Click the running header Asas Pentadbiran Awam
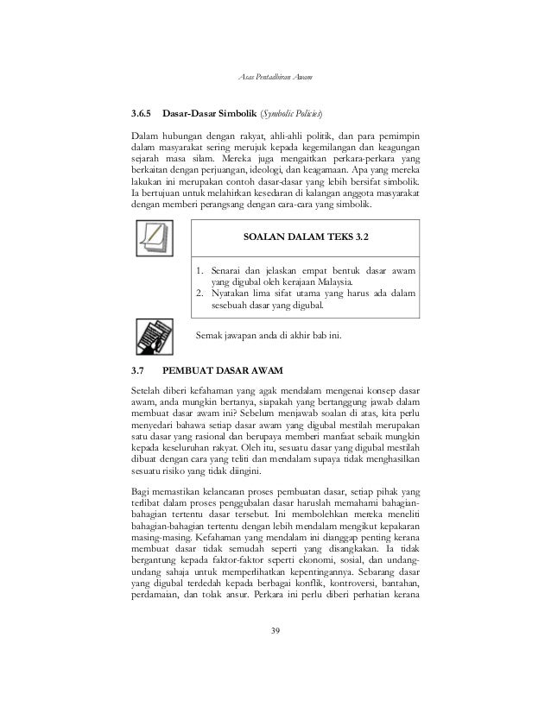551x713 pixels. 275,79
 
